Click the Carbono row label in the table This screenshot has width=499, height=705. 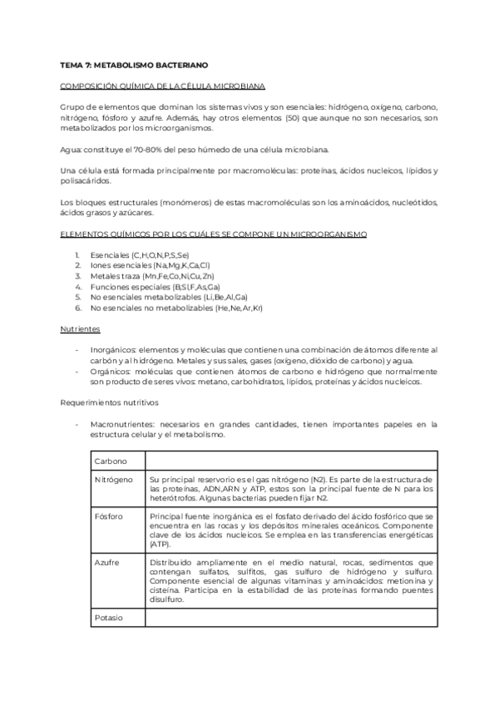(x=111, y=461)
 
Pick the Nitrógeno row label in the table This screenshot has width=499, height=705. (x=113, y=480)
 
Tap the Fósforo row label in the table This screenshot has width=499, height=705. (x=109, y=516)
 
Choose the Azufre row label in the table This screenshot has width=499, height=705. (x=107, y=563)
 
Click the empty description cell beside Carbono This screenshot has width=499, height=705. (x=291, y=461)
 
